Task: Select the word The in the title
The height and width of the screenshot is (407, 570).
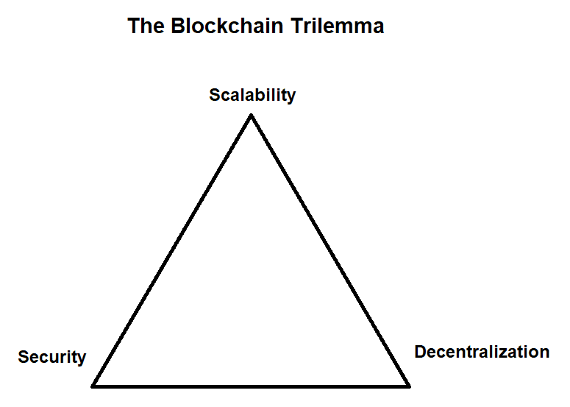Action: [147, 26]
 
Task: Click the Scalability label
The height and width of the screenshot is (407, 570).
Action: [252, 95]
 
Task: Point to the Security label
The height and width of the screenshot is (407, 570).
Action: [52, 358]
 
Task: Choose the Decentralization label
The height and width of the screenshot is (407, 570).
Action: [482, 352]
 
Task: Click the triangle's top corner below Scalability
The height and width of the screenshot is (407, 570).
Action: [252, 116]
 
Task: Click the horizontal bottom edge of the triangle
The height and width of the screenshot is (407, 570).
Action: [251, 385]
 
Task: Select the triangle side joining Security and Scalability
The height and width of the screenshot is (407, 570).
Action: [173, 250]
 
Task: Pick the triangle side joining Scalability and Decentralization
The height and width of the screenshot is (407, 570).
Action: [329, 250]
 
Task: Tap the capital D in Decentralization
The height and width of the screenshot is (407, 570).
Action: [420, 352]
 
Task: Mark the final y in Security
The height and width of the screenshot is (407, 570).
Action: [81, 359]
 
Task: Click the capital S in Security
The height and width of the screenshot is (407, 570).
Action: [23, 358]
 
